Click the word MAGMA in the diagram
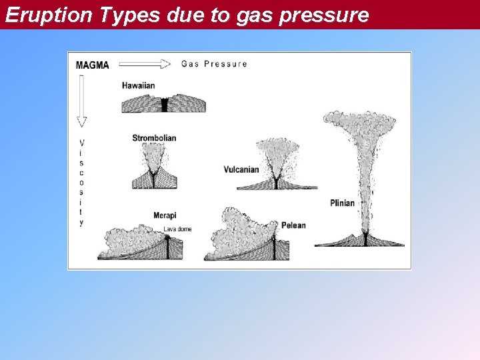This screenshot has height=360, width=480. click(x=92, y=65)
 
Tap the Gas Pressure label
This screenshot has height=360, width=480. click(x=214, y=64)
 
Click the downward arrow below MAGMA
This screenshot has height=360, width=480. click(x=82, y=100)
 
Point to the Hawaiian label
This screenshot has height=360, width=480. click(x=139, y=85)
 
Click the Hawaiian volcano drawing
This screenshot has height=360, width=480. click(x=163, y=104)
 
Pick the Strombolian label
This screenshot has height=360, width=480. click(x=154, y=138)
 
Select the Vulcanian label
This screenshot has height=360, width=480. click(x=241, y=169)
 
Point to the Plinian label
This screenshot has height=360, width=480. click(x=342, y=203)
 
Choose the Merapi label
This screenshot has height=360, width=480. click(x=164, y=215)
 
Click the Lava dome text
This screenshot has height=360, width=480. click(x=177, y=229)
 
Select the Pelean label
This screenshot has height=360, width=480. click(x=293, y=225)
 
